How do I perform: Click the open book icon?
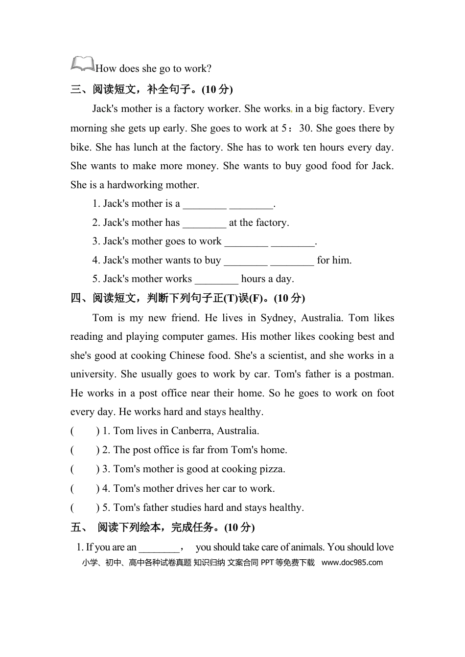[x=83, y=65]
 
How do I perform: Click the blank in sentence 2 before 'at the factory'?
[x=204, y=223]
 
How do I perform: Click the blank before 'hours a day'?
[x=216, y=280]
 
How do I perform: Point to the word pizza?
[x=272, y=469]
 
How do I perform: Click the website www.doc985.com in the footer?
[x=352, y=563]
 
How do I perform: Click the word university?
[x=93, y=374]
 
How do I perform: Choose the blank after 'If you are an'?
[x=159, y=547]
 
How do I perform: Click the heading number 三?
[x=76, y=89]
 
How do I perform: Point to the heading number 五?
[x=76, y=527]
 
